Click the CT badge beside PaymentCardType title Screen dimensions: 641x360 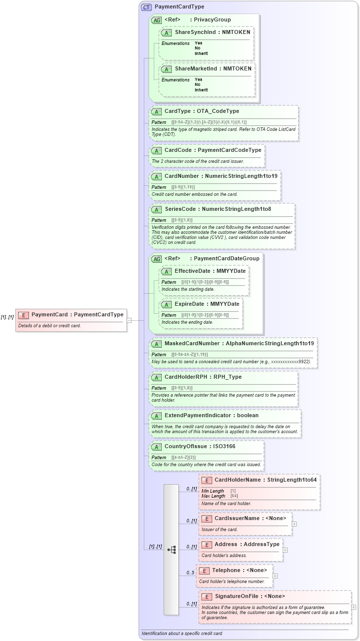tap(146, 7)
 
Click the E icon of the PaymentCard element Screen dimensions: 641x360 tap(23, 315)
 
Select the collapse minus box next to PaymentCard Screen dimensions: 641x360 tap(129, 320)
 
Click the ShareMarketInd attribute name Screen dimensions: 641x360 tap(196, 68)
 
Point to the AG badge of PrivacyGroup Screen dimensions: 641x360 tap(156, 20)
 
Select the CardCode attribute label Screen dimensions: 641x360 tap(180, 149)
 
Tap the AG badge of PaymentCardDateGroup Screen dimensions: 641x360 tap(156, 259)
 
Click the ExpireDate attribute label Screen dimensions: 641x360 tap(188, 304)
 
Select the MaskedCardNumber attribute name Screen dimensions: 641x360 tap(192, 343)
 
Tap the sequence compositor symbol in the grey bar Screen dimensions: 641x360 tap(172, 550)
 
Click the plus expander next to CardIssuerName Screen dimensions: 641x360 tap(294, 524)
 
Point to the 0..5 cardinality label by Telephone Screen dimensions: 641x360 tap(190, 573)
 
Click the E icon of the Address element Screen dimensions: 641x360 tap(206, 544)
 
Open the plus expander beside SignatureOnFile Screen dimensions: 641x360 tap(354, 607)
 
